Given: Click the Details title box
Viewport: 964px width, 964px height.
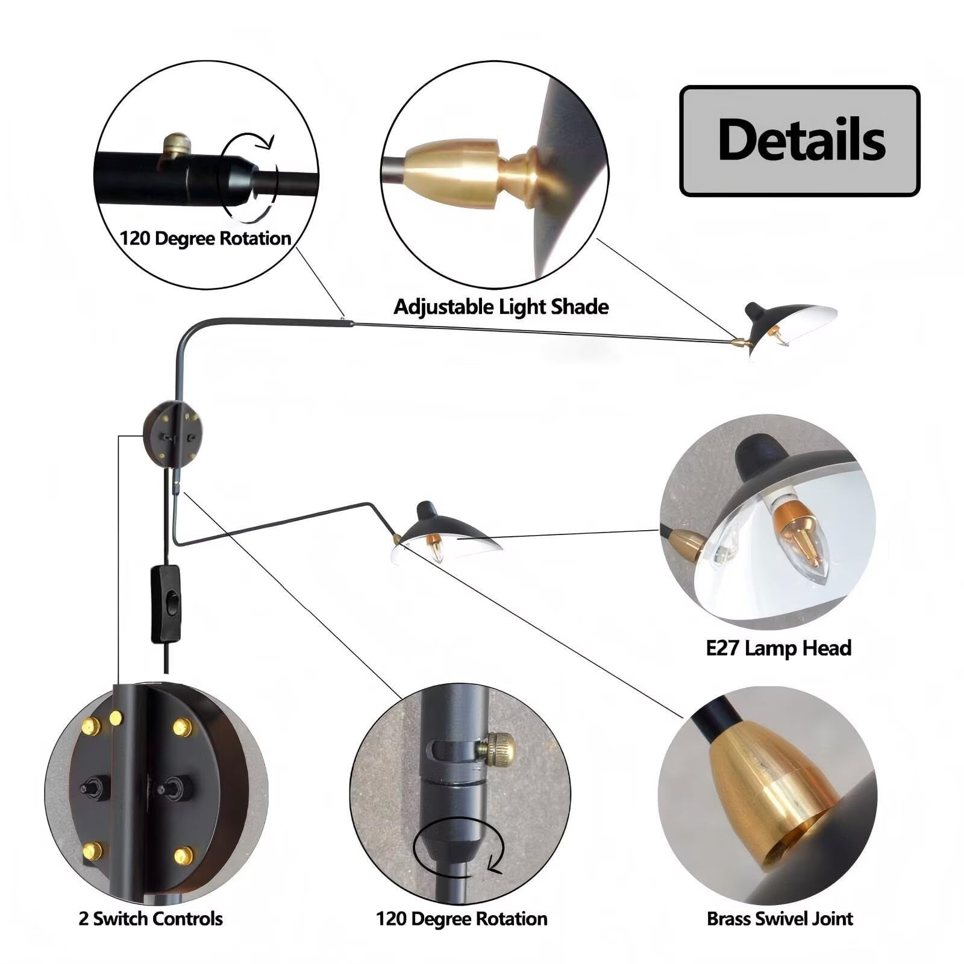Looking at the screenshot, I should (x=800, y=141).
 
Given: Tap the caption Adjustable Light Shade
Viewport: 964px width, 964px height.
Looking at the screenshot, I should (x=501, y=307).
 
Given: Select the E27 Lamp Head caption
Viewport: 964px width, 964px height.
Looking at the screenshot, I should (x=778, y=648).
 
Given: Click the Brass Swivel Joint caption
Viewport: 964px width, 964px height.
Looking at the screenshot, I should (x=780, y=919).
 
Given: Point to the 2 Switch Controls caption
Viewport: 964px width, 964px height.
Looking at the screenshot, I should (x=151, y=919).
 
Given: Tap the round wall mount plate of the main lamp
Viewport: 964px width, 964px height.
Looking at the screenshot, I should (x=172, y=433).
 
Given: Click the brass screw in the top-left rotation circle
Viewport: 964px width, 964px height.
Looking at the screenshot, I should (x=176, y=145).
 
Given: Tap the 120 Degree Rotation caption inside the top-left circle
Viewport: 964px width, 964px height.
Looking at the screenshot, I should (x=205, y=239).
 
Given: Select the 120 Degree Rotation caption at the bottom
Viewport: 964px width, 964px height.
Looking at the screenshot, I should (x=462, y=919).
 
